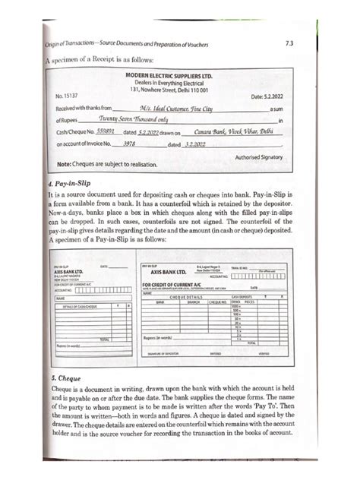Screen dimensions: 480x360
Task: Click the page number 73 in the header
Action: coord(311,45)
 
